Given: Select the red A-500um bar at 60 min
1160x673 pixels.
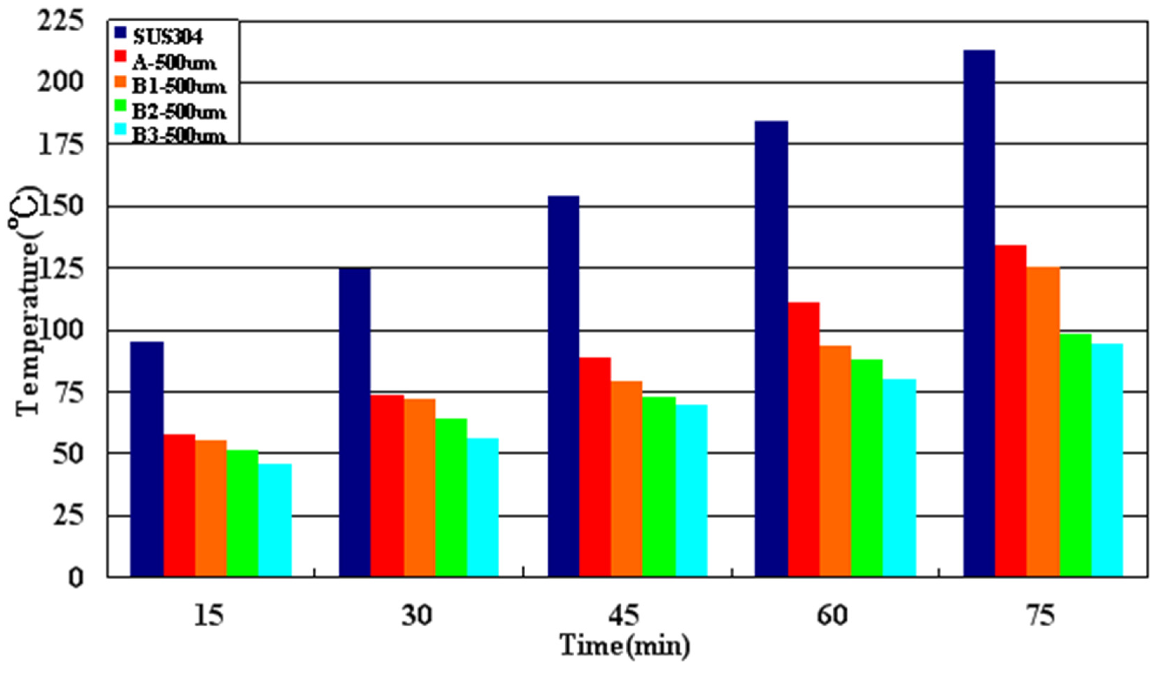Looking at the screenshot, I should pos(804,439).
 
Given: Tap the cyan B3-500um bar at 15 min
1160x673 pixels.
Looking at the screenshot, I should pos(275,520).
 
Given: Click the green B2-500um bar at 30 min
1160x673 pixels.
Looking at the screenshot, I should pos(451,497).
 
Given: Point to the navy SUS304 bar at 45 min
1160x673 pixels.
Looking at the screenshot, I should pos(564,386).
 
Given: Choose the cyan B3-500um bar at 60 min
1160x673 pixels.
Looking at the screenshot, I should pos(899,478).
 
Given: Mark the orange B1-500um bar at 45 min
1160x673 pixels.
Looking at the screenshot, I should pos(627,478).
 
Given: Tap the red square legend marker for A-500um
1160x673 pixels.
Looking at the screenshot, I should pos(121,56).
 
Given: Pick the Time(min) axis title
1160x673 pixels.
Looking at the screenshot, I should pos(625,646).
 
